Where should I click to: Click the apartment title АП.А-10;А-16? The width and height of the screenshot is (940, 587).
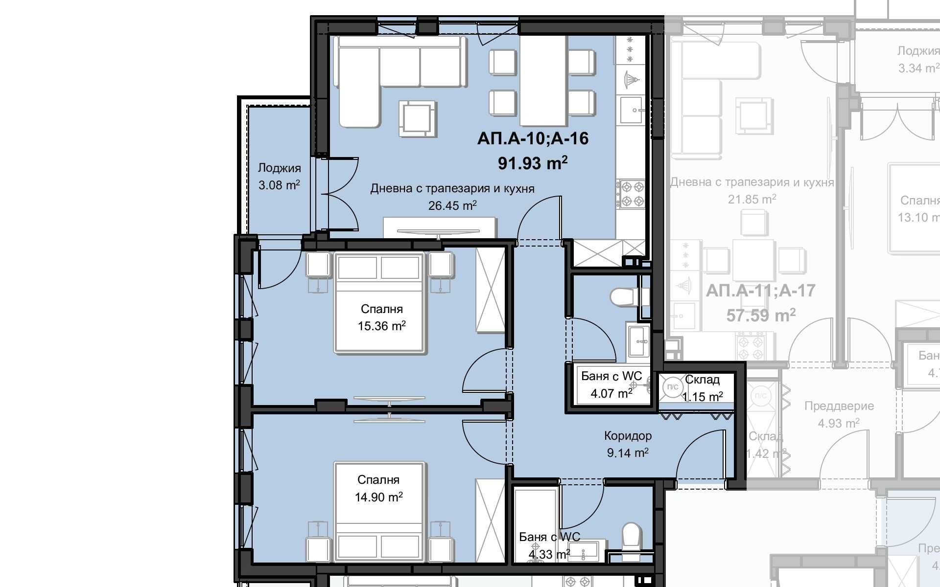pos(533,139)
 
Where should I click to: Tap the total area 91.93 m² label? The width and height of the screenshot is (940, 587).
pos(533,162)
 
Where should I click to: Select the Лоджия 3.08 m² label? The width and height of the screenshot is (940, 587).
pos(279,177)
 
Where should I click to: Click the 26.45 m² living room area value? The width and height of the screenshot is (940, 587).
pos(452,206)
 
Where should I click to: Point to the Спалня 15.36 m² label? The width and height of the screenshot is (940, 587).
pos(381,317)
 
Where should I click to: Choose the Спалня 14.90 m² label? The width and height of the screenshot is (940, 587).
pos(378,488)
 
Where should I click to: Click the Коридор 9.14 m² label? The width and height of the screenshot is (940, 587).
pos(628,444)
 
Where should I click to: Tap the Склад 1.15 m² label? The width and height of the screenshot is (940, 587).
pos(702,388)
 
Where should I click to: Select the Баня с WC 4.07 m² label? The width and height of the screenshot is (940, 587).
pos(611,384)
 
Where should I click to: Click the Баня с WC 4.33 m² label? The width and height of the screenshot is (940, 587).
pos(549,545)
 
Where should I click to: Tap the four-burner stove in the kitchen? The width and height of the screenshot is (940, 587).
pos(631,194)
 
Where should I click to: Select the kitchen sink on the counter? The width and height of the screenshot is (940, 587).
pos(631,110)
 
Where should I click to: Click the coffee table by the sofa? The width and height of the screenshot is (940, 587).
pos(417,118)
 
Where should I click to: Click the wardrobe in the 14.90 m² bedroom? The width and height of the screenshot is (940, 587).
pos(490,520)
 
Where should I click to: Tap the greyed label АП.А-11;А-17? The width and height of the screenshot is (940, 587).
pos(760,291)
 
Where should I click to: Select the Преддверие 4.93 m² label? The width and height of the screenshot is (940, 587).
pos(839,414)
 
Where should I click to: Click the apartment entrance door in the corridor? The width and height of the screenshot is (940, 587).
pos(700,455)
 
